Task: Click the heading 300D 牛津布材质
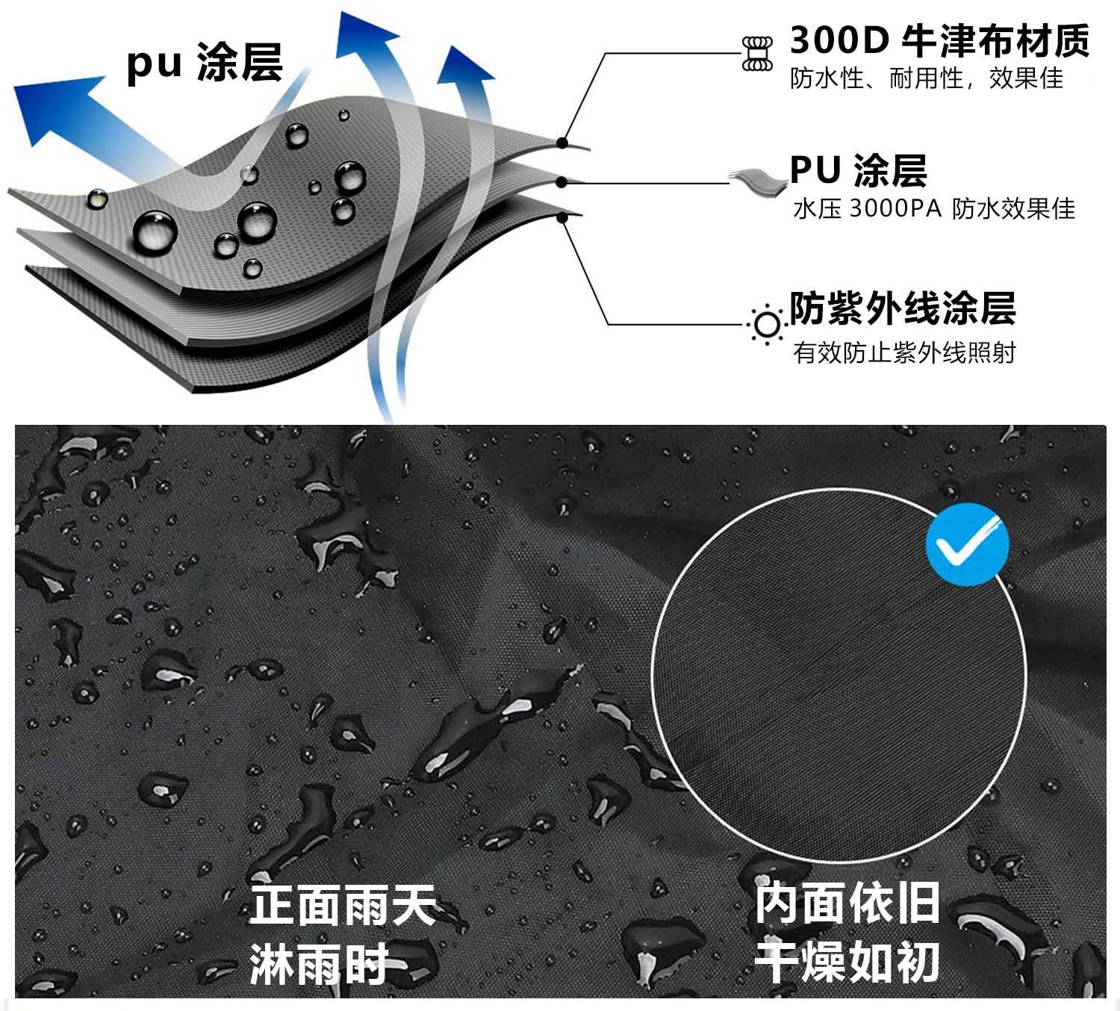tap(939, 40)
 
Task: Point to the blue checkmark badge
tap(967, 544)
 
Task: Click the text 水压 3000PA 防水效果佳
tap(933, 209)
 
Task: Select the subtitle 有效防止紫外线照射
tap(904, 352)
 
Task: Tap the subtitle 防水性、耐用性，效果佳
tap(927, 78)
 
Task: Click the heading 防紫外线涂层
tap(903, 308)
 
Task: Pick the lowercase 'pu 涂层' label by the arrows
tap(205, 62)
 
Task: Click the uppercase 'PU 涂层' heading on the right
tap(858, 170)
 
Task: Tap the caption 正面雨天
tap(343, 905)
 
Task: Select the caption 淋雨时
tap(319, 963)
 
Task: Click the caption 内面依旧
tap(847, 903)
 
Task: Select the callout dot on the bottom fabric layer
tap(563, 217)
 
